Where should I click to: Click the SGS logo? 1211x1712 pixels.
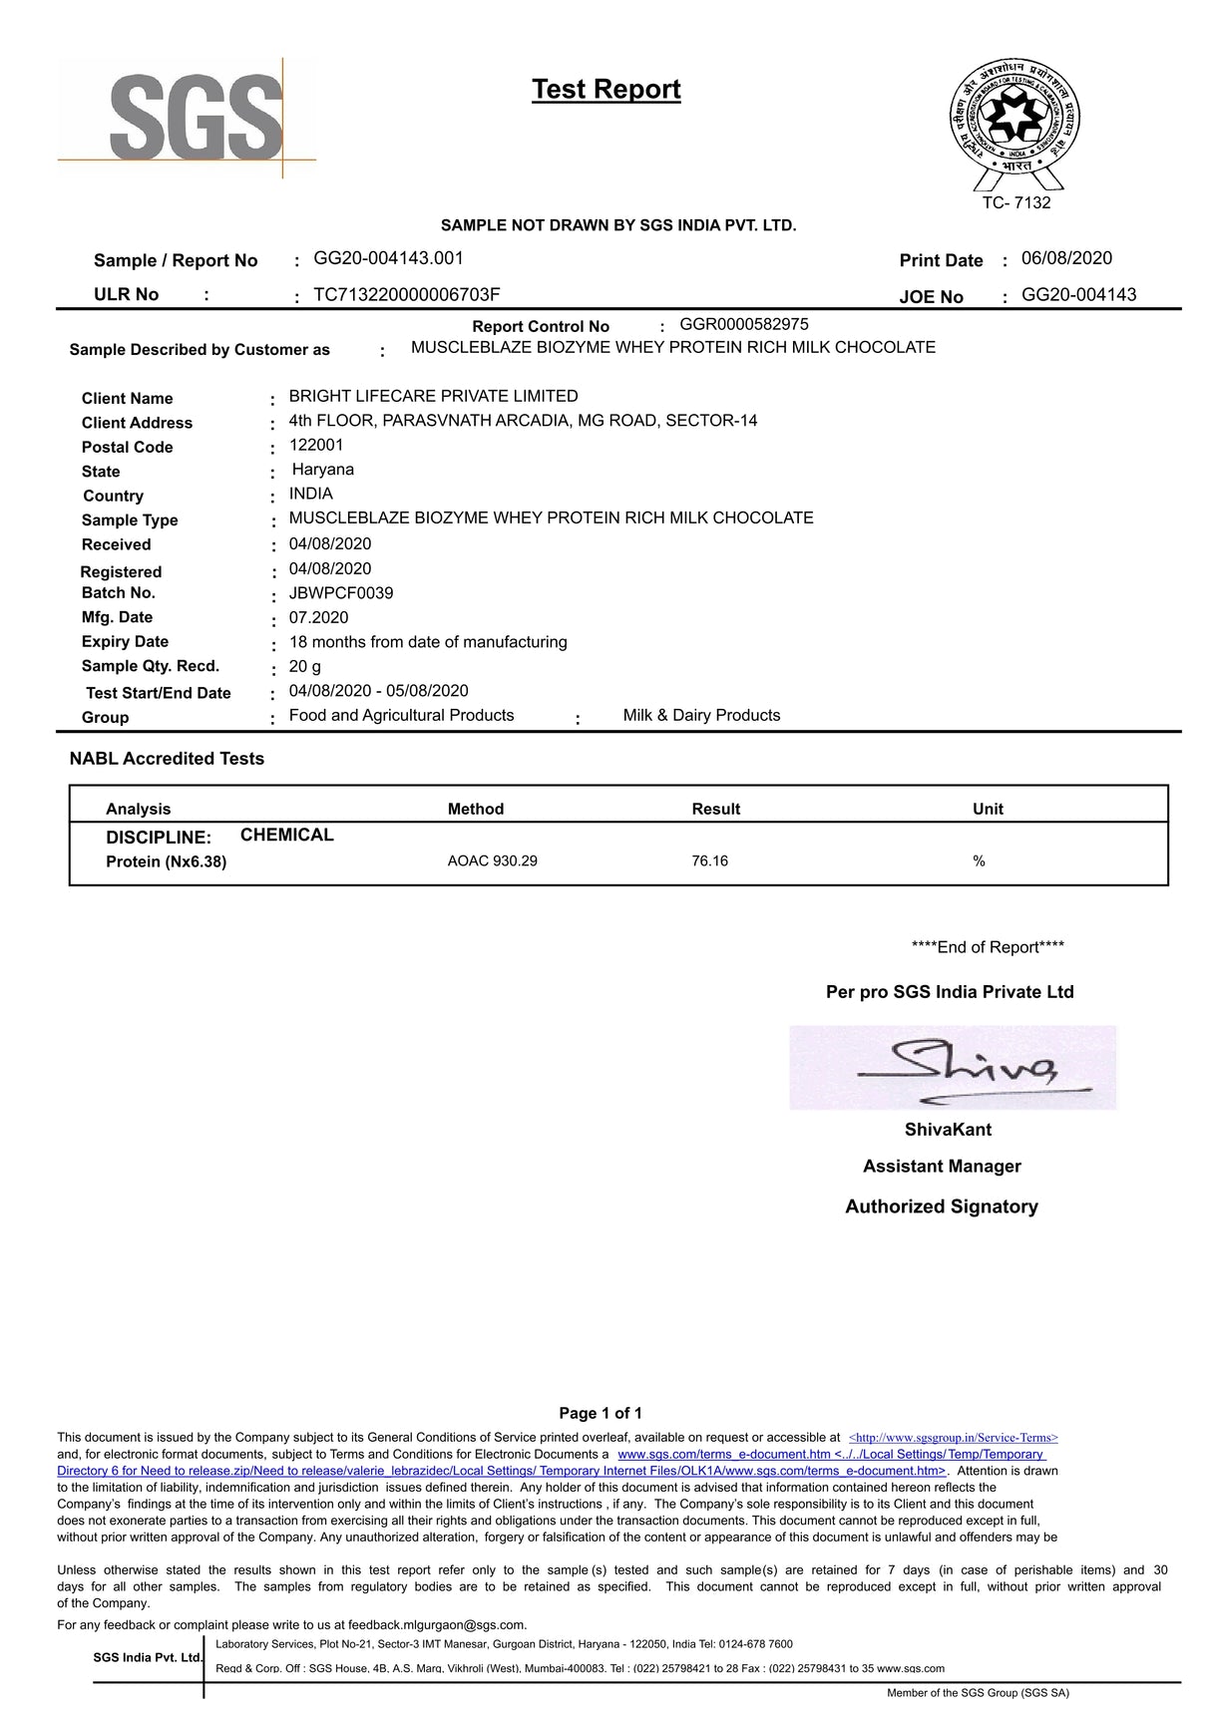196,119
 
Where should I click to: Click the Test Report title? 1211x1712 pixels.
605,89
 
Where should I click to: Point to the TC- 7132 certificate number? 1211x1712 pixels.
1015,202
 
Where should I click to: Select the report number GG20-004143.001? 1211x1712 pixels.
388,258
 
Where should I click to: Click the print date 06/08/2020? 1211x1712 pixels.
1066,258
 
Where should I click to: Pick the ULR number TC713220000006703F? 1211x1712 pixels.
406,294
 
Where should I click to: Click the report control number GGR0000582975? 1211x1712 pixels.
744,324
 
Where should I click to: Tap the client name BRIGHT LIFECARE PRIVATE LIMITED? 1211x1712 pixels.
433,396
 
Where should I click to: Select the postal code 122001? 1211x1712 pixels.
316,445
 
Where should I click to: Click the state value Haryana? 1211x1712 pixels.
322,470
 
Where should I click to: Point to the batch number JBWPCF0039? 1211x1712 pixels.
340,593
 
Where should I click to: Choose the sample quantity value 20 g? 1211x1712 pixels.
304,666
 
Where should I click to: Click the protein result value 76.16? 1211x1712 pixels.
709,860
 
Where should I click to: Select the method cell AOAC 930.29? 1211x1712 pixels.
492,860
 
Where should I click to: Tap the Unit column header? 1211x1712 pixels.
988,809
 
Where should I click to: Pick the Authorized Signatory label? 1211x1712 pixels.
942,1206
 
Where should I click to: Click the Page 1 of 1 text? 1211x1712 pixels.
601,1413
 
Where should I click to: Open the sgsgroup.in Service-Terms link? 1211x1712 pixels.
953,1438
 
